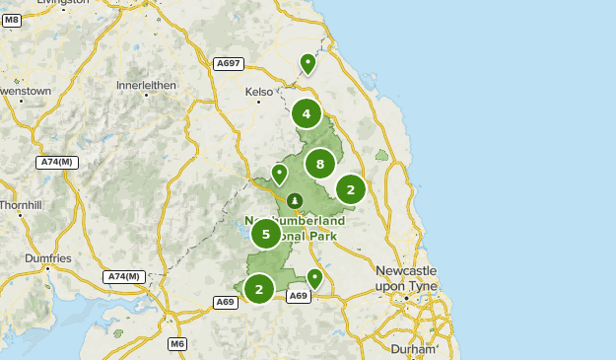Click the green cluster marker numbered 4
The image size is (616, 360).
click(307, 113)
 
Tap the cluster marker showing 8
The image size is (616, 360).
click(320, 164)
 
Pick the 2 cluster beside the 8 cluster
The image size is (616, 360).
click(351, 188)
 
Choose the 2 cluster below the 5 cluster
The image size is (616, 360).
click(259, 288)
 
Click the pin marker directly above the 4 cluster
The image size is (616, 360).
click(308, 64)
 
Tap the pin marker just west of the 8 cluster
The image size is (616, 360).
click(279, 174)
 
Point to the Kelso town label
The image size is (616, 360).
click(259, 92)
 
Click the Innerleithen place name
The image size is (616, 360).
click(145, 85)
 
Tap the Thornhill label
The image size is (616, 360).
click(21, 205)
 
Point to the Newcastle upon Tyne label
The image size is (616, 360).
click(406, 277)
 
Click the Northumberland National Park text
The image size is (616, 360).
click(296, 228)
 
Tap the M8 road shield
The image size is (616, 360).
click(12, 20)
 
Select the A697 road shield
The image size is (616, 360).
click(228, 64)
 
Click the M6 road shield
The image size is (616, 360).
click(176, 343)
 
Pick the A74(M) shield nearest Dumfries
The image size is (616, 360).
click(125, 276)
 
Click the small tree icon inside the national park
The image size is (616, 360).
click(295, 202)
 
